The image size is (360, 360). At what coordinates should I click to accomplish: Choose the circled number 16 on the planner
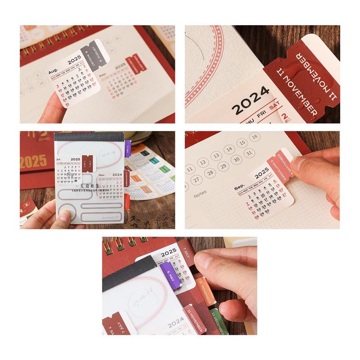(x=255, y=137)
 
